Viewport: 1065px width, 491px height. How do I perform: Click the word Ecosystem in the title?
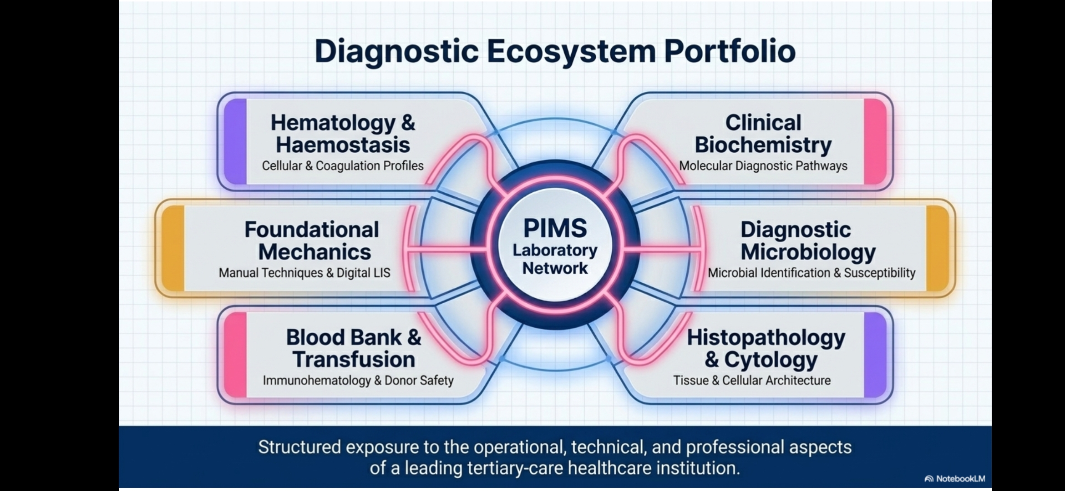tap(571, 51)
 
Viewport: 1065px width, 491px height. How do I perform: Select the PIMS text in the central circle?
tap(555, 228)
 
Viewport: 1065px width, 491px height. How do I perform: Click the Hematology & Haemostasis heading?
tap(343, 134)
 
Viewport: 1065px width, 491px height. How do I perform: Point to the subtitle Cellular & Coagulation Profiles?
tap(343, 166)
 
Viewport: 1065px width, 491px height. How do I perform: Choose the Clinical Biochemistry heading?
tap(763, 134)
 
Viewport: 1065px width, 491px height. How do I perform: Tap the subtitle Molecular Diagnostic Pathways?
tap(763, 166)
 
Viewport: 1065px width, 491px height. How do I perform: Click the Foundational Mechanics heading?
tap(312, 240)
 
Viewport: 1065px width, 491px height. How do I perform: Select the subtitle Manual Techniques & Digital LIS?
tap(304, 273)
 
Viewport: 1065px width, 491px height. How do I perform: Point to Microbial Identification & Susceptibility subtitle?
tap(811, 273)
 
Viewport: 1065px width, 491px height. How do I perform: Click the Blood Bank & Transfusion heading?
tap(354, 348)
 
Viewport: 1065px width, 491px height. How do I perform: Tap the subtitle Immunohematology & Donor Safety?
tap(358, 381)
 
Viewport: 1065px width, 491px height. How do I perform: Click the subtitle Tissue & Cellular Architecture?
tap(752, 380)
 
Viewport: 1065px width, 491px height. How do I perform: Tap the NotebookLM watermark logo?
tap(955, 479)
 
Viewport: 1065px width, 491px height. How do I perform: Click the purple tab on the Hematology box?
tap(235, 141)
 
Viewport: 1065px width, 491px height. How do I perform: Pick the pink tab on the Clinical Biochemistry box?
tap(875, 141)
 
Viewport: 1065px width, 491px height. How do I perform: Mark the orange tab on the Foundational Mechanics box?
tap(173, 248)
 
